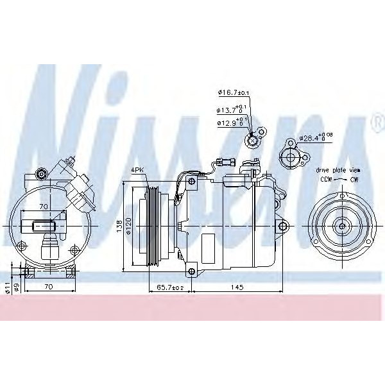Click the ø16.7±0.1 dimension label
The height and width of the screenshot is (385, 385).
coord(234,93)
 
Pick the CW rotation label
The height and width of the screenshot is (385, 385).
coord(354,179)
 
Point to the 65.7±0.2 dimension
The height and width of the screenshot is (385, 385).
coord(170,287)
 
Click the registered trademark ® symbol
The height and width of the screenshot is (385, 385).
coord(374,119)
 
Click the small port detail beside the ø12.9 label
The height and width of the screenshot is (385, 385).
coord(255,137)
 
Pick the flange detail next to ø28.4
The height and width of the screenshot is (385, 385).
coord(293,155)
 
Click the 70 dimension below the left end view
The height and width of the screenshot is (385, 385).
coord(49,287)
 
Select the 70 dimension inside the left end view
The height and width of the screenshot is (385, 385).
coord(43,207)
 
